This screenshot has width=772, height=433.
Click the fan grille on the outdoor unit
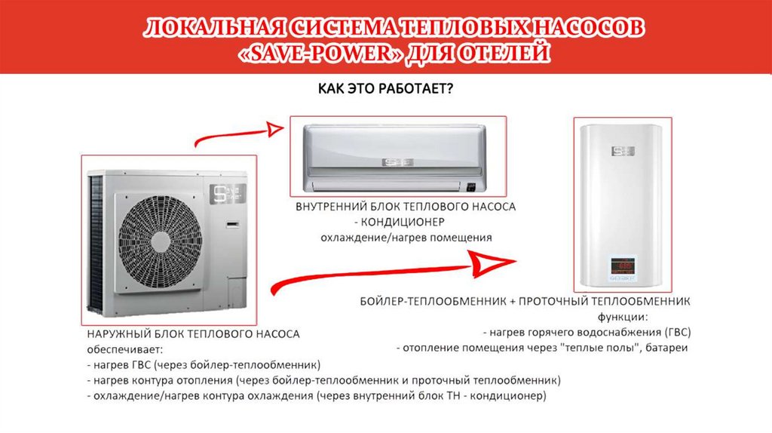coord(160,242)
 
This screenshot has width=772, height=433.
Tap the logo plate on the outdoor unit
coord(228,194)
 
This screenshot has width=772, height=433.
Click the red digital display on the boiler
coord(623,266)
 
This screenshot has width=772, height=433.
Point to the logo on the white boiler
coord(623,151)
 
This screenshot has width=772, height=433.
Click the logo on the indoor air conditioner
coord(398,162)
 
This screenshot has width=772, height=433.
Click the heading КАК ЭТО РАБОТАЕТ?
coord(385,89)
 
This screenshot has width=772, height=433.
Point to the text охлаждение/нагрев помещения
coord(406,238)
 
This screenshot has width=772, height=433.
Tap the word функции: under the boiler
coord(623,318)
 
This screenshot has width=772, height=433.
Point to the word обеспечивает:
coord(124,350)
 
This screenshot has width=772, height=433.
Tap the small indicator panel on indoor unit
coord(471,187)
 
